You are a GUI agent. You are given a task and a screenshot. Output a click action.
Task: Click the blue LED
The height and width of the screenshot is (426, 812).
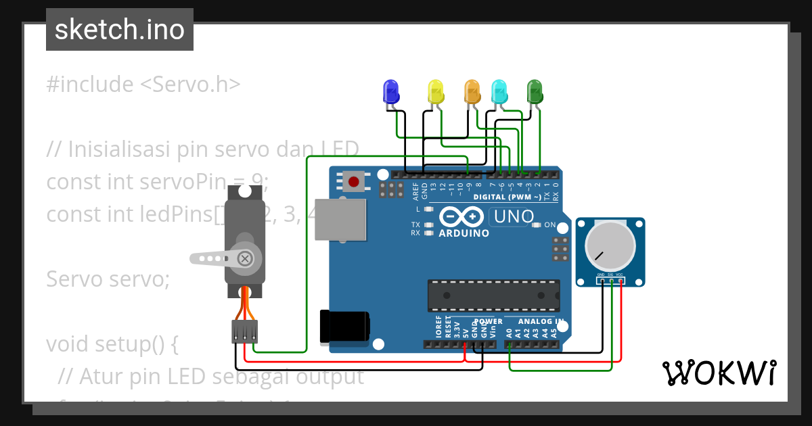click(x=390, y=91)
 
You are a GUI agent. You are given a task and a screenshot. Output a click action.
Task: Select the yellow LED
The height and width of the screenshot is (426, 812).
click(x=436, y=91)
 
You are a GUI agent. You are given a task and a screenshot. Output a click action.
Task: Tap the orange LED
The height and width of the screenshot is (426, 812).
click(x=472, y=91)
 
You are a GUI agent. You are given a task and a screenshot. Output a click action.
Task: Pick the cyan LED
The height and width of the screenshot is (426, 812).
click(x=499, y=91)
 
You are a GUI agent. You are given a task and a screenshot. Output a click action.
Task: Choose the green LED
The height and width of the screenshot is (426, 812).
click(x=535, y=91)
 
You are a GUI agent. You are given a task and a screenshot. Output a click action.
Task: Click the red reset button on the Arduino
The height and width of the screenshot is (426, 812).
click(x=353, y=181)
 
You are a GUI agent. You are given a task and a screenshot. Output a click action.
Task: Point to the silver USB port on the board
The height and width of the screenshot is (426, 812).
click(x=341, y=220)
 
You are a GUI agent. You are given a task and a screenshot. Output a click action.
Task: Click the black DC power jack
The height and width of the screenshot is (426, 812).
click(x=345, y=325)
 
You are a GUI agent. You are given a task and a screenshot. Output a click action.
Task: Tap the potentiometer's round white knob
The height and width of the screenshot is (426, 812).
click(x=610, y=247)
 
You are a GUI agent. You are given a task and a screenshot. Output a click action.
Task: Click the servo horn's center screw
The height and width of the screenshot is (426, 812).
click(x=246, y=258)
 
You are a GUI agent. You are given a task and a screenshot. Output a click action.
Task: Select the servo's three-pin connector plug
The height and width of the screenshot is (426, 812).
click(x=245, y=331)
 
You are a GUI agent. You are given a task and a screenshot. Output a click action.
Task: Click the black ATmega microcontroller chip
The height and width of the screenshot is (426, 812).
click(x=493, y=295)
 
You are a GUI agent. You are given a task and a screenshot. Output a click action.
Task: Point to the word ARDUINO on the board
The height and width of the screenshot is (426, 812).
click(x=464, y=233)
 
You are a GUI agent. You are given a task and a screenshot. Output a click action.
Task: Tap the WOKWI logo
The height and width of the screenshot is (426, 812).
click(x=719, y=373)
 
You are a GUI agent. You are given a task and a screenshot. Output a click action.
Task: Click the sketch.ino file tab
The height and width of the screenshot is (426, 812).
click(x=120, y=30)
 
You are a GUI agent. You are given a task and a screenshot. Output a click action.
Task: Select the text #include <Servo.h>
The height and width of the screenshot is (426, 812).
click(x=143, y=85)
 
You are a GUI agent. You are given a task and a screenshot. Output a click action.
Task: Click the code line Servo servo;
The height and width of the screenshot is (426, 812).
click(x=108, y=279)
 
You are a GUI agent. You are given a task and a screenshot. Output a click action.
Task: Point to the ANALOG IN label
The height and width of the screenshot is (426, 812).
click(x=541, y=321)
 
